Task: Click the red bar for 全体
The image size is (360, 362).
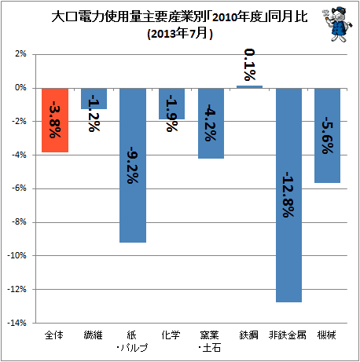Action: click(55, 120)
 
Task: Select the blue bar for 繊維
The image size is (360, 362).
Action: click(94, 98)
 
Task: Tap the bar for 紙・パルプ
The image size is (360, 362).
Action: click(133, 166)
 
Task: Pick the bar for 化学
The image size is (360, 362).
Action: click(171, 104)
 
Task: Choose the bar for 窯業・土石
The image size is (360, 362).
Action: click(211, 123)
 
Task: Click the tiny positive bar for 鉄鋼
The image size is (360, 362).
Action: click(249, 87)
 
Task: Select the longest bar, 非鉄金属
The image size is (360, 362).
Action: click(288, 196)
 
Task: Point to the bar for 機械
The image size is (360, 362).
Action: click(328, 135)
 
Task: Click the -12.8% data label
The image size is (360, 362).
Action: click(288, 195)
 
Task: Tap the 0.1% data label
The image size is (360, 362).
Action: click(250, 64)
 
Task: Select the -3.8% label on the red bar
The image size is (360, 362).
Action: click(55, 119)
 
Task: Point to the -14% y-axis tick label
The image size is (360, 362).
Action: click(17, 323)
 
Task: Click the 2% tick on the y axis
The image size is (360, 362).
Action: click(21, 54)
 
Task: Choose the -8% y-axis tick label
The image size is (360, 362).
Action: click(19, 222)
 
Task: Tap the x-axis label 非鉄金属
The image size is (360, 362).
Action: click(288, 335)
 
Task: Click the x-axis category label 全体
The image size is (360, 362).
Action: click(54, 335)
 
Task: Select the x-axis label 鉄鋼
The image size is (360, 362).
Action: click(248, 335)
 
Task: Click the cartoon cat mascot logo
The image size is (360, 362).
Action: click(337, 24)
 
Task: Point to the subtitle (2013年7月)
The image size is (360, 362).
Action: click(180, 34)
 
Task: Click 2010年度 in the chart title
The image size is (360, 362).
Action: click(237, 17)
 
